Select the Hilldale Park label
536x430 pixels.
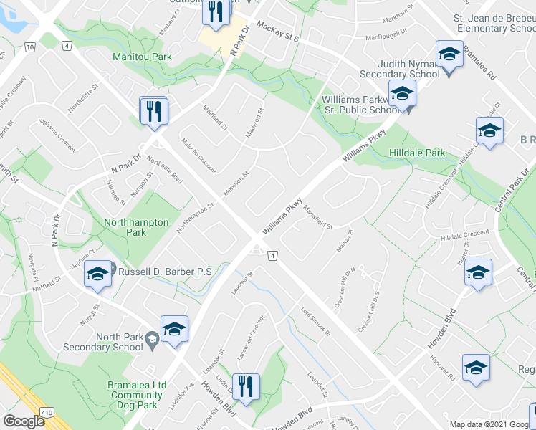point(417,153)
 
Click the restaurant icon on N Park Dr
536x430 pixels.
point(154,111)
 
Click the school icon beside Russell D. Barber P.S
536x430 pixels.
point(97,274)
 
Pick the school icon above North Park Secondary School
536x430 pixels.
point(173,328)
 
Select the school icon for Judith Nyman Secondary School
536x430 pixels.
point(449,54)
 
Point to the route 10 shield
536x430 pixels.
point(29,47)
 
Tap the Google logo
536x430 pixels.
point(24,421)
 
